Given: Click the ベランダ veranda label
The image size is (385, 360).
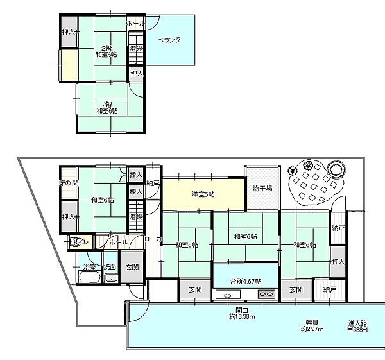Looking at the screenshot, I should tap(169, 40).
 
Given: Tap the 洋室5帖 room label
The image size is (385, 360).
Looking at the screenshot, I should tap(203, 194).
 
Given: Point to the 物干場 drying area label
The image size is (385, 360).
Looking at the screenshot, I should tap(262, 189).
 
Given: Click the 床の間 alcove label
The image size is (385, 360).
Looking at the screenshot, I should tap(69, 184).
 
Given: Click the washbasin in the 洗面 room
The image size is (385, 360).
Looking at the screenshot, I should tap(110, 278).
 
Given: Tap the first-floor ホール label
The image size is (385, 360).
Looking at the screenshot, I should tap(117, 243).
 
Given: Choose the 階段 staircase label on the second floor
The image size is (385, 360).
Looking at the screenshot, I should tap(135, 49).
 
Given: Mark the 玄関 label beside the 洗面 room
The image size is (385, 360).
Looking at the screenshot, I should tap(132, 267).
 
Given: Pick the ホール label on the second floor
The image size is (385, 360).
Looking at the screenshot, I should tap(135, 23).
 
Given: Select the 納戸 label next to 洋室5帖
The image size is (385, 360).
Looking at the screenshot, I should tap(153, 184).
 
